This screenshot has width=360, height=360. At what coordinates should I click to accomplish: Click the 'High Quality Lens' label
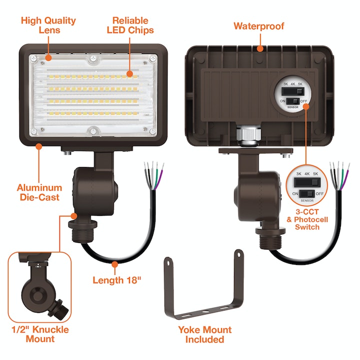point(48,25)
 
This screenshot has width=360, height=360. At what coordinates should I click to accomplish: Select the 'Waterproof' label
point(258,25)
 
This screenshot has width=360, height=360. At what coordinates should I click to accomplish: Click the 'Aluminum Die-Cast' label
point(39,192)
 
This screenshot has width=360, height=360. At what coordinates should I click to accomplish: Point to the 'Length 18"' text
point(117,280)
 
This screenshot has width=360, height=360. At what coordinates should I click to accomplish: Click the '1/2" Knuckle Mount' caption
point(39,334)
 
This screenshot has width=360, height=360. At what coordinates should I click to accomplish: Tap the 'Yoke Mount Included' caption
point(204,334)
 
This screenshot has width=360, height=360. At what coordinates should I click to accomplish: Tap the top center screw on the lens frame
point(92,59)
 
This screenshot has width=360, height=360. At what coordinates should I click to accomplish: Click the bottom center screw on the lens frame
point(92,131)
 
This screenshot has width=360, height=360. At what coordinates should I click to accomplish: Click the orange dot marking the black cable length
point(115,263)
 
